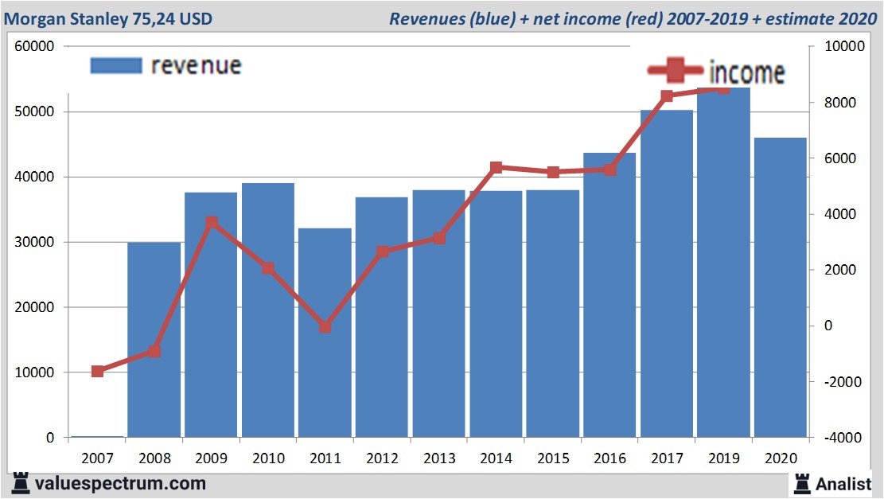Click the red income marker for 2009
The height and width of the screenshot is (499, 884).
(212, 223)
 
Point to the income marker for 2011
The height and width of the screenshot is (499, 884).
(325, 326)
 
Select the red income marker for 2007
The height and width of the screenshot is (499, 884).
(98, 371)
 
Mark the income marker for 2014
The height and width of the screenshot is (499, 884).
(496, 167)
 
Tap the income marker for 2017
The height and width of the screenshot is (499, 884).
(667, 96)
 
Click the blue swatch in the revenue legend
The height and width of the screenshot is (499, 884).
(115, 65)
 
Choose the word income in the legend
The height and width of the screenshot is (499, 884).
(746, 73)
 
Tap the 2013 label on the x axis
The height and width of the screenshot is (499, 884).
(438, 458)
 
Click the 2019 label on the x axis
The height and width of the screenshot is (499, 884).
(723, 458)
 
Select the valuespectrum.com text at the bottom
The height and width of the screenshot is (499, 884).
(120, 483)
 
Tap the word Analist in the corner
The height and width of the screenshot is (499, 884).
(843, 483)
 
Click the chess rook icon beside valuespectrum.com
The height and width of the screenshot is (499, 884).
(21, 482)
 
